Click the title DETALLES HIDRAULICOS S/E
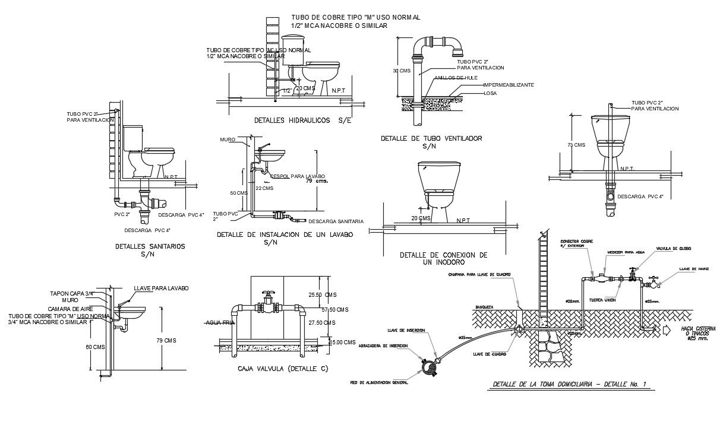(x=302, y=121)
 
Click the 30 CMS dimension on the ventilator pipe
(x=402, y=71)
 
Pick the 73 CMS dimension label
(x=576, y=145)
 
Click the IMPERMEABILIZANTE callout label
(x=509, y=85)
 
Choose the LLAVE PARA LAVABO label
(x=161, y=288)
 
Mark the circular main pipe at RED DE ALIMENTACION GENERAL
(x=429, y=369)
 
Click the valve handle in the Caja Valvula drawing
(x=269, y=293)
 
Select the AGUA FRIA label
(x=217, y=322)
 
